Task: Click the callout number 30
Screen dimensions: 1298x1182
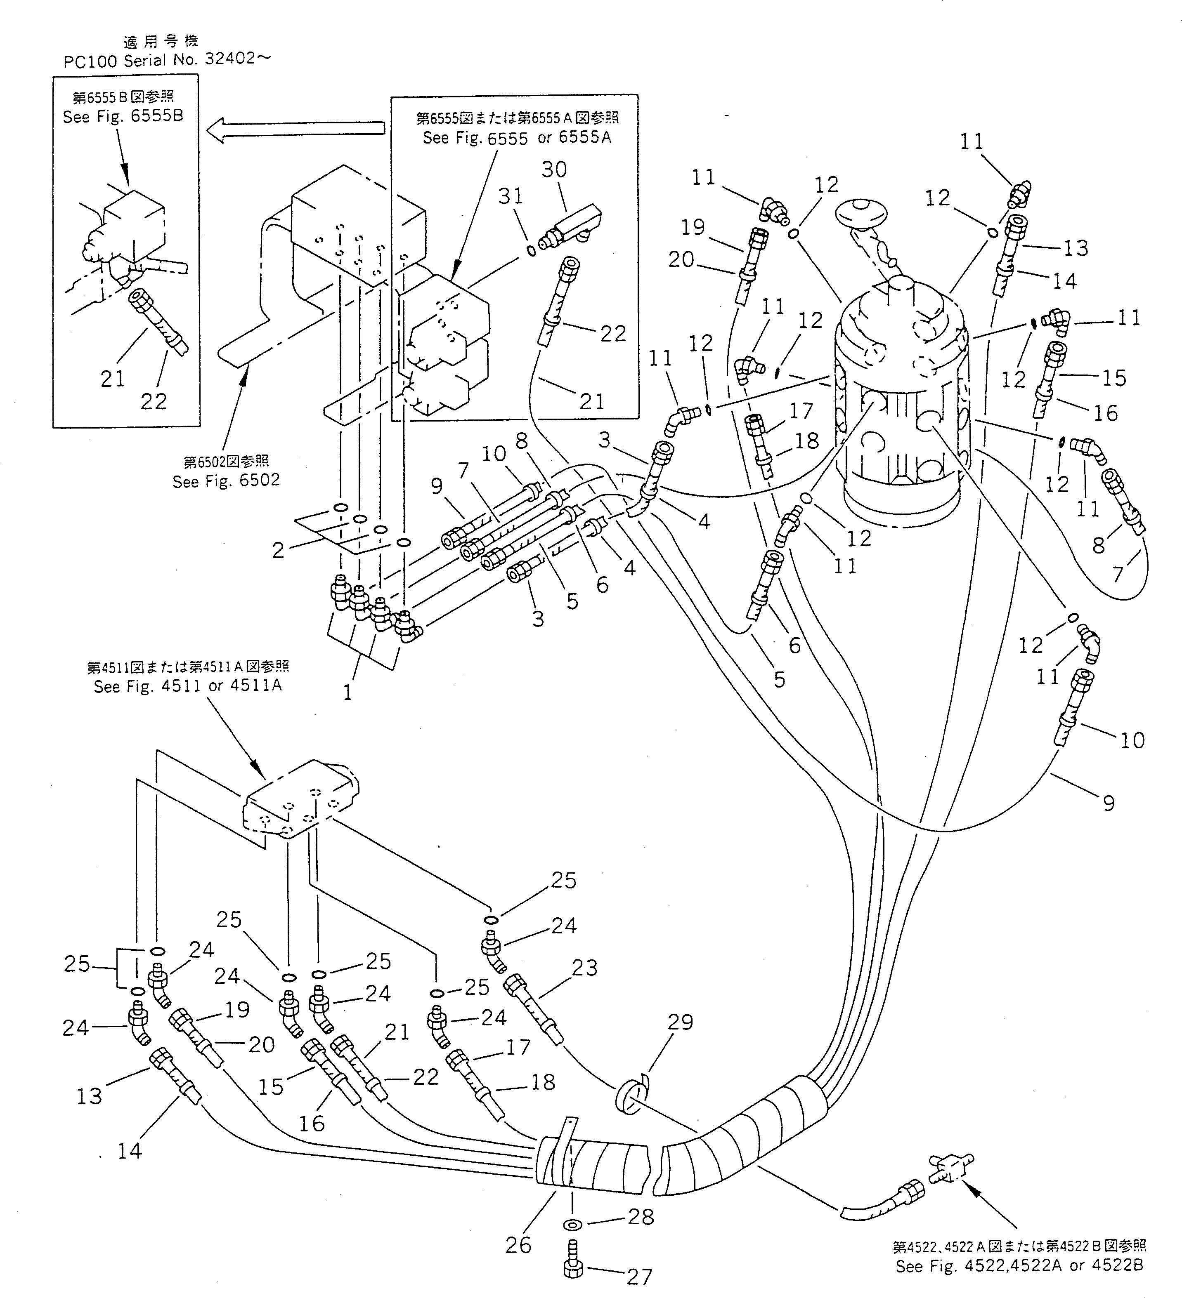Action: [x=553, y=170]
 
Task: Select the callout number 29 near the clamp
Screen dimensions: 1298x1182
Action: [x=680, y=1022]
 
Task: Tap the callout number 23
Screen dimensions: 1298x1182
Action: [x=584, y=967]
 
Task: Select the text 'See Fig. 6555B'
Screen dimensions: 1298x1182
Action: [x=123, y=117]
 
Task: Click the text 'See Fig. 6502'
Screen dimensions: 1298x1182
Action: [x=226, y=481]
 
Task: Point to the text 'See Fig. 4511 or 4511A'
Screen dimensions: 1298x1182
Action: [x=187, y=686]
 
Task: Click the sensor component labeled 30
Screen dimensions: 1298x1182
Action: [x=570, y=225]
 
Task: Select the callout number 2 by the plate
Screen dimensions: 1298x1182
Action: [x=278, y=551]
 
